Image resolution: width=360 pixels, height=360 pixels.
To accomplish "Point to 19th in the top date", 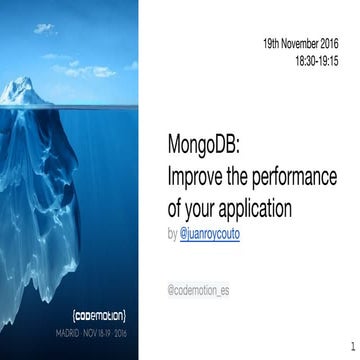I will [271, 45].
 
